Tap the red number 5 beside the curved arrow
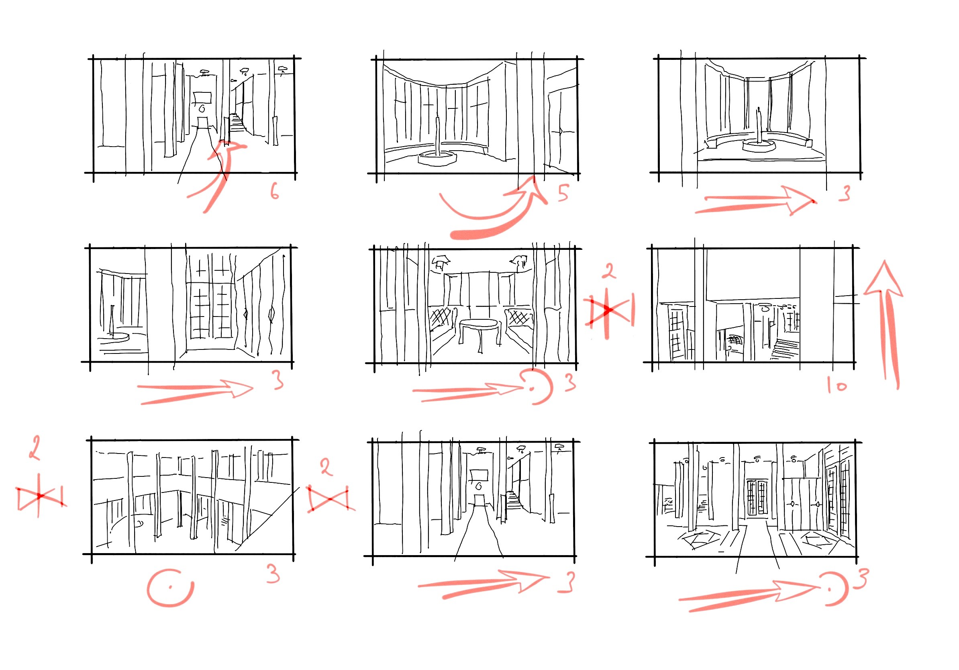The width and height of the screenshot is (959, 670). pyautogui.click(x=563, y=193)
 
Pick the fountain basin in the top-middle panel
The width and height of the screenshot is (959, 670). pyautogui.click(x=437, y=158)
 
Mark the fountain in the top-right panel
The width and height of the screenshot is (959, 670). pyautogui.click(x=759, y=138)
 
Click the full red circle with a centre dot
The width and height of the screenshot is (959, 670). pyautogui.click(x=170, y=587)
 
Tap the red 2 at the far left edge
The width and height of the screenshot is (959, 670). pyautogui.click(x=35, y=448)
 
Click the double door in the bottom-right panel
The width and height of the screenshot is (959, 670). pyautogui.click(x=757, y=498)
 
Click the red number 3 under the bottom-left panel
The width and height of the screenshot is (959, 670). pyautogui.click(x=273, y=574)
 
